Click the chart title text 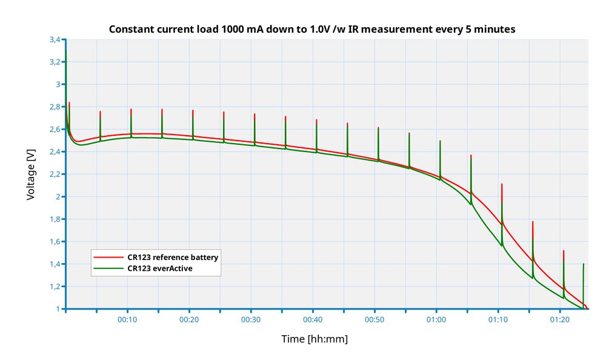click(x=312, y=29)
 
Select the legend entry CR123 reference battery click(x=173, y=257)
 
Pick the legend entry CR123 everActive click(x=159, y=268)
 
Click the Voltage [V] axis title click(x=31, y=174)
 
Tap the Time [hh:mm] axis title click(x=315, y=339)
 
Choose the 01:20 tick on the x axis click(x=560, y=319)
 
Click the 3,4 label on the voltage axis click(x=55, y=39)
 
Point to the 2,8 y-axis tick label click(x=55, y=107)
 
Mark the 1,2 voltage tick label click(x=55, y=287)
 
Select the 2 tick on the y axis click(x=58, y=197)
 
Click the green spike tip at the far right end click(x=584, y=264)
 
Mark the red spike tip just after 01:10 click(x=502, y=184)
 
